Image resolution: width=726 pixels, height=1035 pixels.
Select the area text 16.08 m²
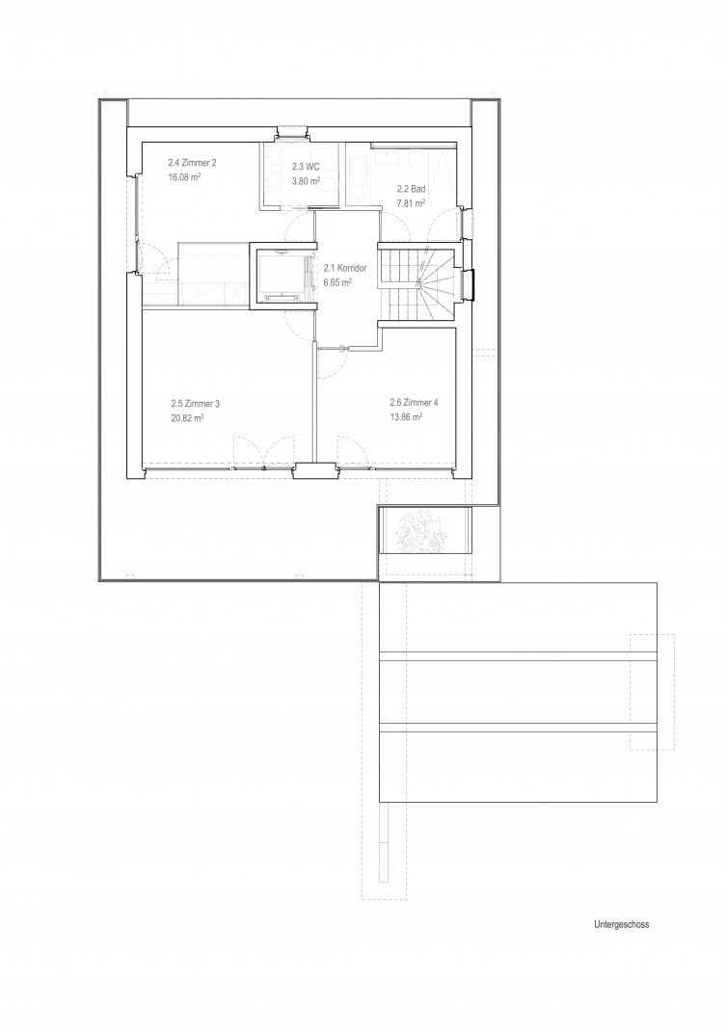click(x=184, y=177)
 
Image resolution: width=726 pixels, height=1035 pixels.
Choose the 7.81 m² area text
click(x=411, y=203)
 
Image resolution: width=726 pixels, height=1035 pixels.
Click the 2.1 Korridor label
click(x=345, y=269)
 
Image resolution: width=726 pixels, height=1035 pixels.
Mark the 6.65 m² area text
click(x=337, y=282)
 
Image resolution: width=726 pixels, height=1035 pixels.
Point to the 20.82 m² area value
click(x=187, y=418)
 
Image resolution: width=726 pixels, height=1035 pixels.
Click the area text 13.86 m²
click(x=406, y=416)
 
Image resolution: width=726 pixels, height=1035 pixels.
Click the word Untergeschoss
click(x=621, y=924)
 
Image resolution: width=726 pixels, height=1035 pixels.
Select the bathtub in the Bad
click(x=358, y=176)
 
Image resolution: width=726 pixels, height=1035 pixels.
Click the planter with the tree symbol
click(x=424, y=531)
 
